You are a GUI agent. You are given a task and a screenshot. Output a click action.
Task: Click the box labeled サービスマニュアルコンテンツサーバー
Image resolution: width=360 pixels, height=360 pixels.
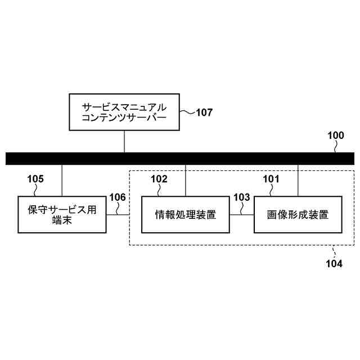[124, 111]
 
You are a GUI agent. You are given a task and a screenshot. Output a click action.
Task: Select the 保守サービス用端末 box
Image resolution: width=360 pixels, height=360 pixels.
[62, 214]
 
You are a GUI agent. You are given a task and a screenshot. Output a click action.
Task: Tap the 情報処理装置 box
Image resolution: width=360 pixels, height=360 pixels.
[185, 214]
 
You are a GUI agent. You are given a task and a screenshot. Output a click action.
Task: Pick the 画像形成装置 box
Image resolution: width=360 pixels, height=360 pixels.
[298, 214]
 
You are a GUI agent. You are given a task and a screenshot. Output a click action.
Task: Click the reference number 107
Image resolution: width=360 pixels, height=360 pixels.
[204, 112]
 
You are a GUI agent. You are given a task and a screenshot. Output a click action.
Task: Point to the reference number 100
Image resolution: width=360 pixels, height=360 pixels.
[335, 136]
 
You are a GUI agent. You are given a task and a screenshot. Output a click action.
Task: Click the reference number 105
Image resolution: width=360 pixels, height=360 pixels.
[35, 179]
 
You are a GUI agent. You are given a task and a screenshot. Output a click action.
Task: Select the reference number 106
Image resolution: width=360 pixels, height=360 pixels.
[118, 197]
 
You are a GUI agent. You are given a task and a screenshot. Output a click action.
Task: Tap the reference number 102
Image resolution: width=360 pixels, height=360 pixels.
[159, 179]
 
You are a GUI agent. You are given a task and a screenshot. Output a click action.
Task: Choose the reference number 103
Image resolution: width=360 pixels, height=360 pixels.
[241, 197]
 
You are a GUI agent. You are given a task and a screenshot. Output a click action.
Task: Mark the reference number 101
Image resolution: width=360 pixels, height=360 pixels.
[271, 179]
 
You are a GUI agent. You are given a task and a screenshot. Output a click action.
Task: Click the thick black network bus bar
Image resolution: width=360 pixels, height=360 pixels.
[180, 158]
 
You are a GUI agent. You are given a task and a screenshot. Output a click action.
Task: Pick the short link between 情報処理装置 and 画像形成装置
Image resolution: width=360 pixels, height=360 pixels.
[241, 214]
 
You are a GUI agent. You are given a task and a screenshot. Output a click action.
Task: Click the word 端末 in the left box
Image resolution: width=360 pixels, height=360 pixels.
[62, 220]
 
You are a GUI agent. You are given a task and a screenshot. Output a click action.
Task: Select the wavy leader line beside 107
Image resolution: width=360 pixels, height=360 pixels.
[187, 111]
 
